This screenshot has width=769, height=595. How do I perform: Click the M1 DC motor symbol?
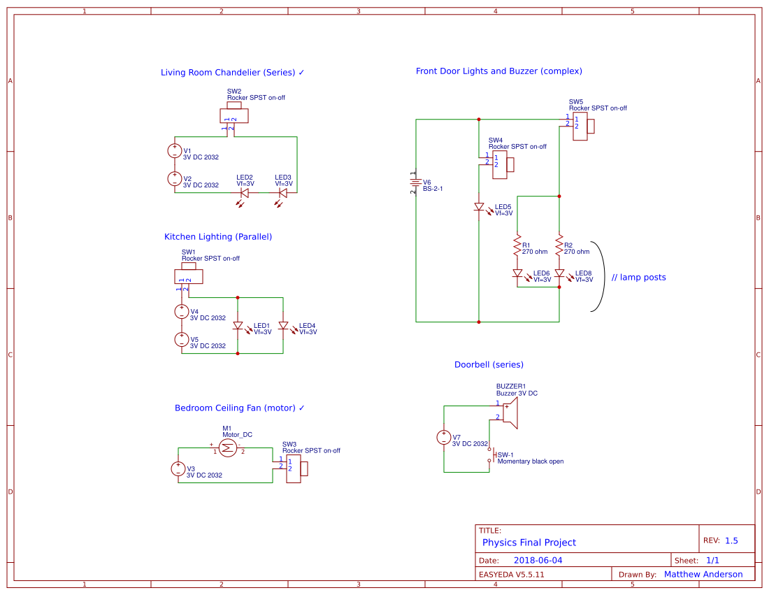tap(227, 447)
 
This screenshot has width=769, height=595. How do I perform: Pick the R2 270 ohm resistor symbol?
tap(559, 245)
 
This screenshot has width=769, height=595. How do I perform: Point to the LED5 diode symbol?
tap(479, 208)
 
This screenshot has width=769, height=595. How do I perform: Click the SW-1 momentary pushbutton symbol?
tap(491, 455)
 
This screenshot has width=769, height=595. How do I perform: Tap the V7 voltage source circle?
tap(444, 438)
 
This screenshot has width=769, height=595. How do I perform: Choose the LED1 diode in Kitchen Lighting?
tap(238, 326)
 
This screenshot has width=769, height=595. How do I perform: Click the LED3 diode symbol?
tap(283, 193)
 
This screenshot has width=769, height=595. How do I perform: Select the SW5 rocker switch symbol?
tap(582, 126)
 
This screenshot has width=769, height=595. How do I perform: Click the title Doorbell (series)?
tap(489, 364)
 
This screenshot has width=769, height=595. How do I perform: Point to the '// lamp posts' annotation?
tap(638, 278)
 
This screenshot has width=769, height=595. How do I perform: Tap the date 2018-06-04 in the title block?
tap(538, 560)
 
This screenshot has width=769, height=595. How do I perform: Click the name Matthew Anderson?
tap(703, 574)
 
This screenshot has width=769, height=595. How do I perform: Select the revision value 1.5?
tap(731, 540)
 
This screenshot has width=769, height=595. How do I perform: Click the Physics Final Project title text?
tap(529, 543)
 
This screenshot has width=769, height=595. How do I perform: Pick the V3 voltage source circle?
tap(178, 469)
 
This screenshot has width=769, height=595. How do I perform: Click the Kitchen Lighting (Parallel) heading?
tap(218, 236)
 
